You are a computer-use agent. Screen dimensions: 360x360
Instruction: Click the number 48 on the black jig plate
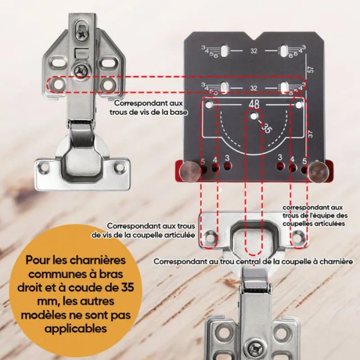pyautogui.click(x=254, y=104)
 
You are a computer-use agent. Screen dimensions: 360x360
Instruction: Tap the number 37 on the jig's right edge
pyautogui.click(x=310, y=134)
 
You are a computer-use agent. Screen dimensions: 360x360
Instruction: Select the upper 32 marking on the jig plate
pyautogui.click(x=254, y=51)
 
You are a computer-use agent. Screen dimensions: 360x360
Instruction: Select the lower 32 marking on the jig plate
pyautogui.click(x=254, y=88)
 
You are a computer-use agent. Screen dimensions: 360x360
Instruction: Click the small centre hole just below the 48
pyautogui.click(x=254, y=116)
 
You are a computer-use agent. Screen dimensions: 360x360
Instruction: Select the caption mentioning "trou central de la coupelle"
pyautogui.click(x=252, y=261)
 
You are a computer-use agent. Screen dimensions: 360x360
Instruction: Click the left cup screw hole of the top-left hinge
pyautogui.click(x=44, y=168)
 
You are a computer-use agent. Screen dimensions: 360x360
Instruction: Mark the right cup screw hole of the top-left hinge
pyautogui.click(x=119, y=168)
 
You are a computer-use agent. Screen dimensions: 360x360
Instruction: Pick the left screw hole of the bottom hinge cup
pyautogui.click(x=210, y=235)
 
